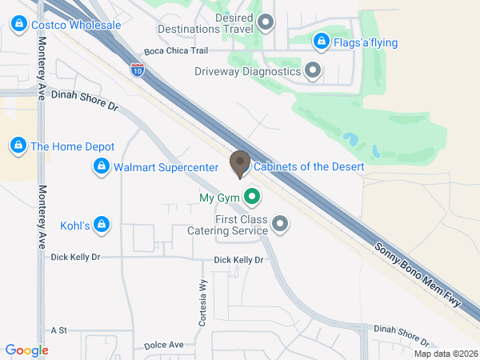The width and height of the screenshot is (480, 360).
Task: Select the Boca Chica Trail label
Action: [176, 52]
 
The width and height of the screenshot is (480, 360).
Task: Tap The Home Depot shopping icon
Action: [18, 146]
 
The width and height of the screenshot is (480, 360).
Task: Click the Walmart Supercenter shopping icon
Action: [101, 166]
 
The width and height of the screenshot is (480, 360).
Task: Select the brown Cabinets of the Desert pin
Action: [238, 164]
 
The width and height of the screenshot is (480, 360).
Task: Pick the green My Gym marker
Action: [252, 196]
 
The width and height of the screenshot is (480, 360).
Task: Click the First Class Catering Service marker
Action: [279, 225]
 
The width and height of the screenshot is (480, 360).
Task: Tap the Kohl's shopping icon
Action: [101, 225]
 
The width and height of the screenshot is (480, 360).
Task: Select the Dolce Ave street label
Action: [164, 346]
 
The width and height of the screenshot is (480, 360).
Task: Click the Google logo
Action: [26, 350]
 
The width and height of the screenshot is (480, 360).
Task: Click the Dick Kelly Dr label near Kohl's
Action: [75, 258]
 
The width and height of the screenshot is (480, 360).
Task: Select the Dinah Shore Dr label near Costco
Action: [84, 98]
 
